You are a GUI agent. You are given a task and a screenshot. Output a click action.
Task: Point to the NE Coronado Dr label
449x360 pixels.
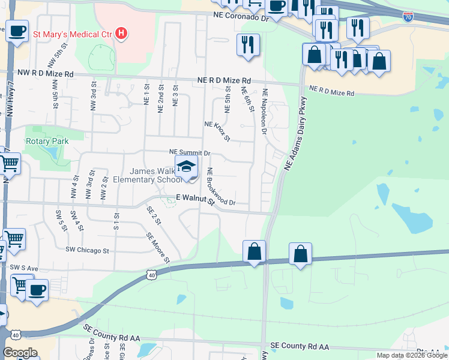coord(240,19)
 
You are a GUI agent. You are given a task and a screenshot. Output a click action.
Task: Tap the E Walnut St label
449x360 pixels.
coord(195,200)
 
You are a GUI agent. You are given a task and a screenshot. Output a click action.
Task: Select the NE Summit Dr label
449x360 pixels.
coord(190,153)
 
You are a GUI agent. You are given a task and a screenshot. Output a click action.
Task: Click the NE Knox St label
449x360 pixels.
coord(217,130)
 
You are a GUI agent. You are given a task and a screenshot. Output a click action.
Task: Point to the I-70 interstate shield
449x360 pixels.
coord(408,17)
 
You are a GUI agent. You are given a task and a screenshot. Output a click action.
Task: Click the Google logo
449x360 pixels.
coord(20,353)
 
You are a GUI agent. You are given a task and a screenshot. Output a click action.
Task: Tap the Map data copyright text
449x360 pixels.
coord(411,355)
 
